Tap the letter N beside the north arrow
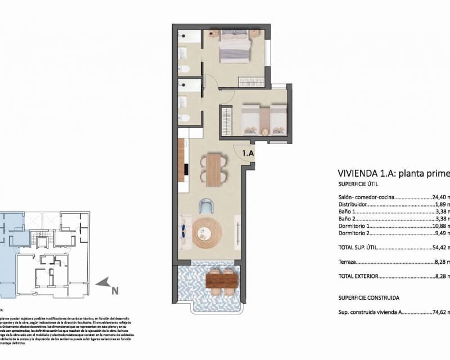tap(114, 291)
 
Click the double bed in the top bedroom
tap(235, 46)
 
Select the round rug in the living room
tap(208, 231)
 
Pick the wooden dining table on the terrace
tap(219, 279)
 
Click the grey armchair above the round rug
tap(206, 206)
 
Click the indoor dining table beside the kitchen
tap(214, 170)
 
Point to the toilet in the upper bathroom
tap(184, 70)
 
